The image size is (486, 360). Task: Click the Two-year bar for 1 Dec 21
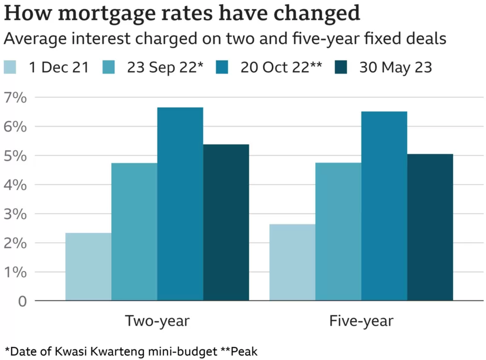point(88,267)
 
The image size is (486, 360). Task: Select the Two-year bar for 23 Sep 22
point(134,232)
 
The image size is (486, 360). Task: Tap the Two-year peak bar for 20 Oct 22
point(180,204)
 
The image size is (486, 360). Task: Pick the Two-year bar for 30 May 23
point(226,222)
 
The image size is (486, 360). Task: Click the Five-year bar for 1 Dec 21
point(292,262)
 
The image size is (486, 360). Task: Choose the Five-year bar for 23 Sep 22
point(338,232)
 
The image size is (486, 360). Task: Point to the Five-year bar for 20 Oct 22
point(384,206)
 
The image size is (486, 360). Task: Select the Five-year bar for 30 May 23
point(430,227)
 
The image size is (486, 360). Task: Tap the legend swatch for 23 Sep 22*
point(109,67)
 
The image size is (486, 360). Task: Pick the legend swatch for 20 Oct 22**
point(222,67)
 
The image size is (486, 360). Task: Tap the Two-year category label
point(157,321)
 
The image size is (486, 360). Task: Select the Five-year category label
point(361,321)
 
